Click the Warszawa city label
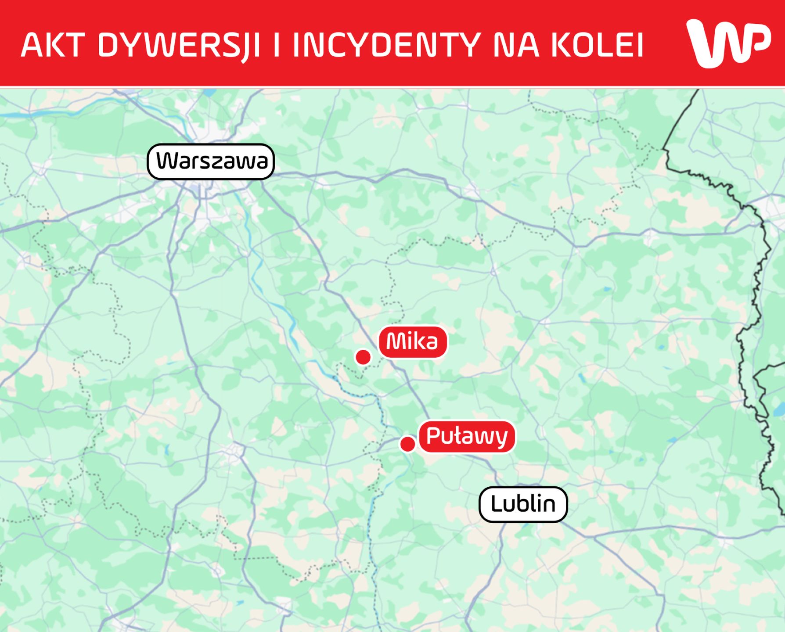click(x=211, y=162)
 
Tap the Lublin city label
click(x=523, y=504)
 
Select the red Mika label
click(x=413, y=342)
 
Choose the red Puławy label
click(x=467, y=436)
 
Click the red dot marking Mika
click(x=363, y=357)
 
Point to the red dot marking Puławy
click(x=408, y=444)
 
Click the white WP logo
click(x=729, y=43)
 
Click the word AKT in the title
click(x=52, y=45)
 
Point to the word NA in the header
click(x=516, y=45)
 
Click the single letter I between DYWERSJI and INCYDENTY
click(x=277, y=45)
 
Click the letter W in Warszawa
click(x=169, y=161)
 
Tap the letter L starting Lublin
click(x=496, y=504)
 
